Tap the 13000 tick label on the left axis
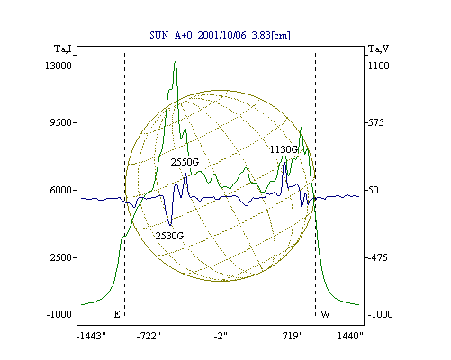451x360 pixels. [59, 66]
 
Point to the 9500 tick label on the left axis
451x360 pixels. [60, 122]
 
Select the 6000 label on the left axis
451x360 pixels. [60, 190]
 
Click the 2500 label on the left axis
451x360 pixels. [60, 257]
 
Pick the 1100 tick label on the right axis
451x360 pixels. [379, 66]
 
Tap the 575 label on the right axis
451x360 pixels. [376, 122]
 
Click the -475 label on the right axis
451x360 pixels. [378, 257]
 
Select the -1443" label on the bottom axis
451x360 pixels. [91, 336]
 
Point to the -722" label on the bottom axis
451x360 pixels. [149, 336]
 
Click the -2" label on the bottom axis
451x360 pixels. [221, 336]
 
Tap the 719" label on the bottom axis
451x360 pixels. [293, 336]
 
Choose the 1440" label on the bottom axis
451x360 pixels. [350, 336]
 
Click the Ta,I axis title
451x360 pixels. [63, 49]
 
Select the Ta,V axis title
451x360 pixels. [378, 49]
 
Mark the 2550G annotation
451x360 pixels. [185, 162]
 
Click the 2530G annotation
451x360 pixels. [169, 236]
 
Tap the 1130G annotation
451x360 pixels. [284, 149]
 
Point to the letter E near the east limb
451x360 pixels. [117, 314]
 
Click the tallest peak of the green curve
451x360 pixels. [176, 61]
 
